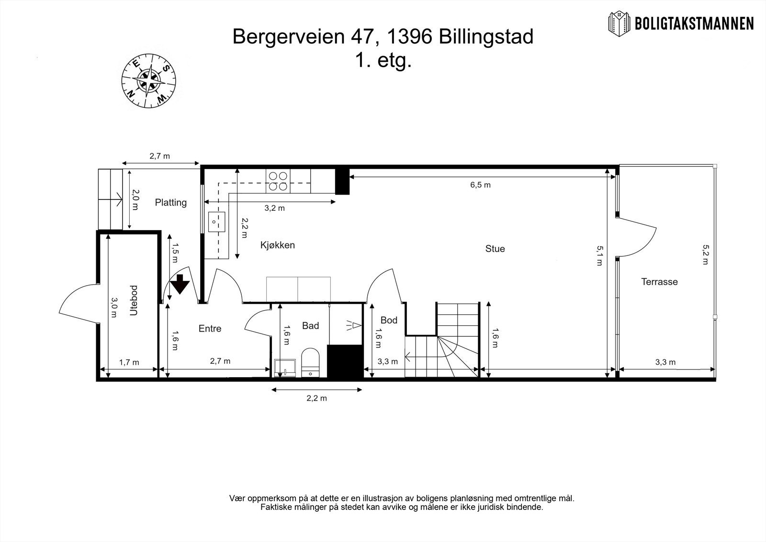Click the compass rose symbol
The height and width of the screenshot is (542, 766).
149,80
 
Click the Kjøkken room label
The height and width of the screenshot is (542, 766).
277,245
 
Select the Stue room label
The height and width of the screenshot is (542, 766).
495,249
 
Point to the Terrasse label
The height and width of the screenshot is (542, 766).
659,282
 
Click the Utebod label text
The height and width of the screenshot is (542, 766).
134,300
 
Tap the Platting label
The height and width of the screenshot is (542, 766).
170,203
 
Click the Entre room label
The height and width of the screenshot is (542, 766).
210,329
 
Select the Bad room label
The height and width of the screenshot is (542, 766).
310,326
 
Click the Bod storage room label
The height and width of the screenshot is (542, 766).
389,320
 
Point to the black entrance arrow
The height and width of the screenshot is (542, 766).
180,284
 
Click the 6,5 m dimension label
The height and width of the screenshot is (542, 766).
480,185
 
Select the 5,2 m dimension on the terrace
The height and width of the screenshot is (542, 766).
705,254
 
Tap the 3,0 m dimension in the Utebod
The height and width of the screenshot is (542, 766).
114,308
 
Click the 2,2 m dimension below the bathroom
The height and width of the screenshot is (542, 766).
317,398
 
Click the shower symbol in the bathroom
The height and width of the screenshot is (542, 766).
353,326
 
